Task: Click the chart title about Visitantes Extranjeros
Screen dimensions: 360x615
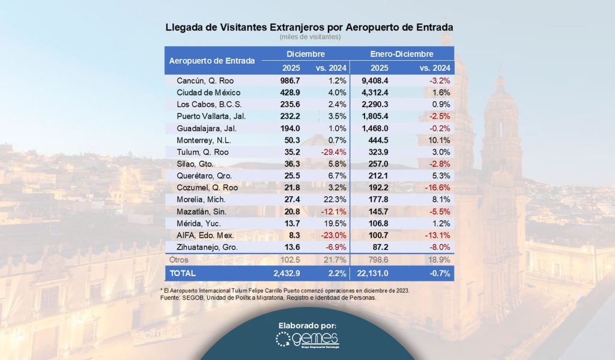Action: (309, 28)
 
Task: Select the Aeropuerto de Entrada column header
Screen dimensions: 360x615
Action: (212, 61)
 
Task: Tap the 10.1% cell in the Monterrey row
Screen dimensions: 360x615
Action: (440, 140)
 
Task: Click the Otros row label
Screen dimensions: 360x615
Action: (179, 260)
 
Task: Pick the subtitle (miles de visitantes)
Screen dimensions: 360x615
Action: (310, 37)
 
